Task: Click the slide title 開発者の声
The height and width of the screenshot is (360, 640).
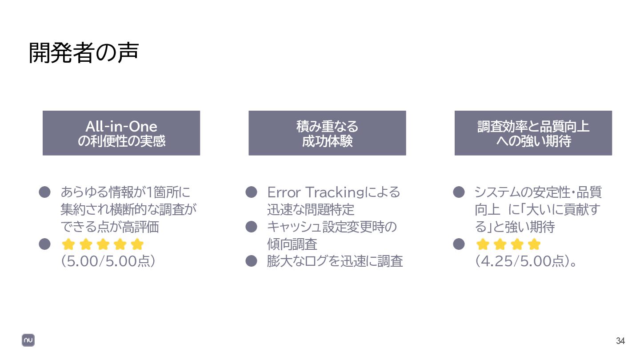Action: [84, 53]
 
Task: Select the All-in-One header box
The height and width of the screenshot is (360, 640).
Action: [121, 133]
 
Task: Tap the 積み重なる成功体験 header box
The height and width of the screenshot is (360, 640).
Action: [327, 133]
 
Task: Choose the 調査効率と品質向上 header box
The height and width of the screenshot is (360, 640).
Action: [533, 133]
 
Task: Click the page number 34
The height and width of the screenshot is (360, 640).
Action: [620, 341]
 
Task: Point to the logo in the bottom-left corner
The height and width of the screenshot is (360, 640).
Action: [28, 340]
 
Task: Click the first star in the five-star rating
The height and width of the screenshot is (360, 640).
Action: [68, 244]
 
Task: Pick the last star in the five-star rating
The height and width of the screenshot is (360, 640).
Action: [137, 244]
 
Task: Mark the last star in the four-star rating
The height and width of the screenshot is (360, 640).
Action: [534, 244]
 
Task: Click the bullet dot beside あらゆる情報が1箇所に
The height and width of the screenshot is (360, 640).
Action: [44, 192]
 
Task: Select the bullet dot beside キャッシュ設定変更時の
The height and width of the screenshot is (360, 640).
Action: [252, 227]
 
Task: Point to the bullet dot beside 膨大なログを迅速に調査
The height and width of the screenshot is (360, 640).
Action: [252, 261]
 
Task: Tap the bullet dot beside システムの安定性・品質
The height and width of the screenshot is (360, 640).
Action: [459, 192]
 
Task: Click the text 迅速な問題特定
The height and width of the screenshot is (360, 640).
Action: [311, 210]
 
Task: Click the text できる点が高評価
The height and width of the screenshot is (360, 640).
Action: [110, 227]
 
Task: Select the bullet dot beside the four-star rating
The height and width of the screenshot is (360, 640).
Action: [459, 244]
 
